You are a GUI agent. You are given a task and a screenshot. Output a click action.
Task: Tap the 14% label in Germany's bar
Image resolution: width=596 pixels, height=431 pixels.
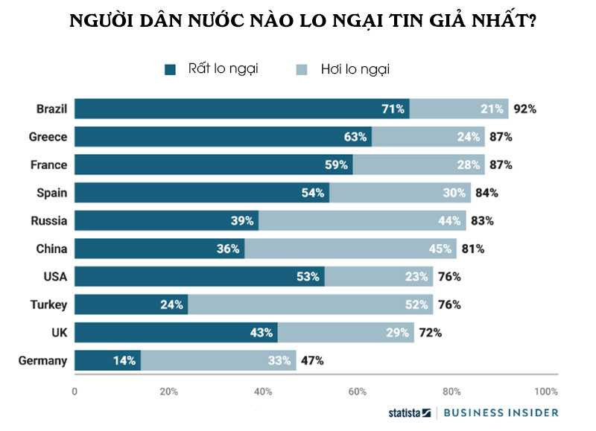tap(124, 361)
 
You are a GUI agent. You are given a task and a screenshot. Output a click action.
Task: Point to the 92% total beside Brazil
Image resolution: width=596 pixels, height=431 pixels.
tap(525, 109)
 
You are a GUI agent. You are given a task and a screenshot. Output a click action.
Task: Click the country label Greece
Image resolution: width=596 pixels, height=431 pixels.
tap(48, 137)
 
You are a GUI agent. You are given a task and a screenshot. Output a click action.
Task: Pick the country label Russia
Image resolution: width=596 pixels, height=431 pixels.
tap(49, 220)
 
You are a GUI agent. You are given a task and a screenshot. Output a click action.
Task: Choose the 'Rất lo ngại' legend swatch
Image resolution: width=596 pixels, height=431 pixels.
tap(170, 69)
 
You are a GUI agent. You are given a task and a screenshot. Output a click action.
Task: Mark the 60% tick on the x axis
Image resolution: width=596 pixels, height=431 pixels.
tap(358, 392)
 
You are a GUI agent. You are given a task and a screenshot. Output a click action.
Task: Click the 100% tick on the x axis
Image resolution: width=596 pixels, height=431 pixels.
tap(545, 392)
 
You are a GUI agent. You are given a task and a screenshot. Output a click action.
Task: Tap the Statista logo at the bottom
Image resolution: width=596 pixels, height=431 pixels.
tap(409, 412)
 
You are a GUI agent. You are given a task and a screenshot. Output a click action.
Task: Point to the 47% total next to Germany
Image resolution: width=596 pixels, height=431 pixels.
tap(312, 361)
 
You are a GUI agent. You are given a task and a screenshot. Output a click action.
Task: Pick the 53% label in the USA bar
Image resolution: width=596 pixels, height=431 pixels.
tap(308, 277)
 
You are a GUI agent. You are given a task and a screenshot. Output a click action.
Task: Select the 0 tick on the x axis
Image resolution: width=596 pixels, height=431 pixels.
tap(74, 392)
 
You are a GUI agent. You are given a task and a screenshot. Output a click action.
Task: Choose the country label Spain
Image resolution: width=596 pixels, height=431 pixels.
tap(52, 193)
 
